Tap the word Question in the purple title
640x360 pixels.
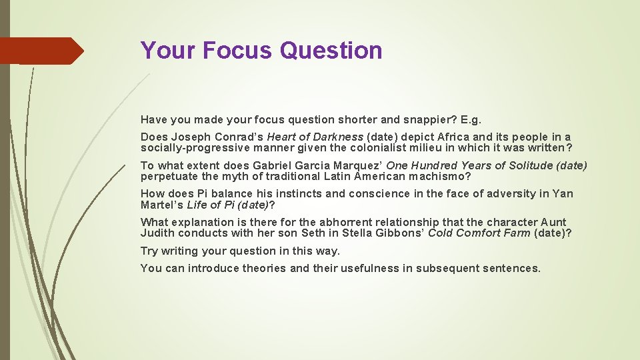tap(331, 50)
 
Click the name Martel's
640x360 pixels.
tap(162, 205)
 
